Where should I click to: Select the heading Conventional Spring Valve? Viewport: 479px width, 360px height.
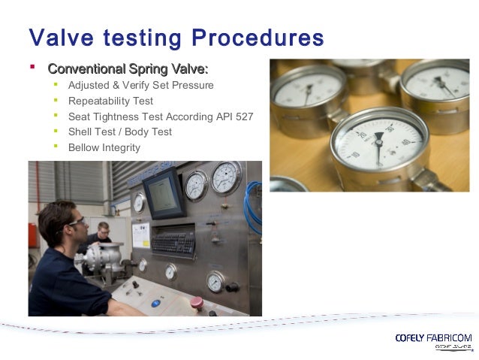[x=128, y=69]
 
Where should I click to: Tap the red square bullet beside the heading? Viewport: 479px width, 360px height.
[x=32, y=68]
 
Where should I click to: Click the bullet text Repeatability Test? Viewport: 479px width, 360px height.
[x=110, y=101]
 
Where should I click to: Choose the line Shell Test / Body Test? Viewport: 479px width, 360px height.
[x=119, y=132]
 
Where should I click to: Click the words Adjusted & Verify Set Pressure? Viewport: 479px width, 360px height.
[x=140, y=85]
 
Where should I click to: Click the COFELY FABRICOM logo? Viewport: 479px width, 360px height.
[x=433, y=338]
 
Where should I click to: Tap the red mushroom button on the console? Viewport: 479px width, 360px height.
[x=196, y=302]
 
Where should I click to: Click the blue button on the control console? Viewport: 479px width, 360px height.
[x=156, y=303]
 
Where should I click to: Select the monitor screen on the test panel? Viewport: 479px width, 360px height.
[x=164, y=193]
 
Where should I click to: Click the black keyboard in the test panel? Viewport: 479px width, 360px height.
[x=175, y=241]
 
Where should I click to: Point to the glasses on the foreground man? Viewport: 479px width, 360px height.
[x=75, y=222]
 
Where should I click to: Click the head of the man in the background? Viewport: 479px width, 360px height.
[x=103, y=228]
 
